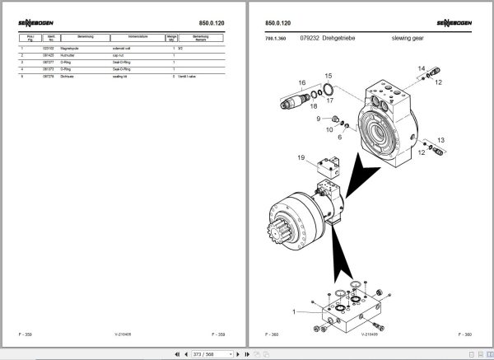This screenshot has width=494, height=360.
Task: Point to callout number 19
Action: [x=301, y=157]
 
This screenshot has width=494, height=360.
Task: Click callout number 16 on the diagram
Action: [x=301, y=83]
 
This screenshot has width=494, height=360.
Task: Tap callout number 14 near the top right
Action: [x=421, y=68]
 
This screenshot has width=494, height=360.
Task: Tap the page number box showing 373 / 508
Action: [x=203, y=353]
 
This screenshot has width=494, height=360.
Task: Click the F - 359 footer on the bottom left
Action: [x=27, y=334]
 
